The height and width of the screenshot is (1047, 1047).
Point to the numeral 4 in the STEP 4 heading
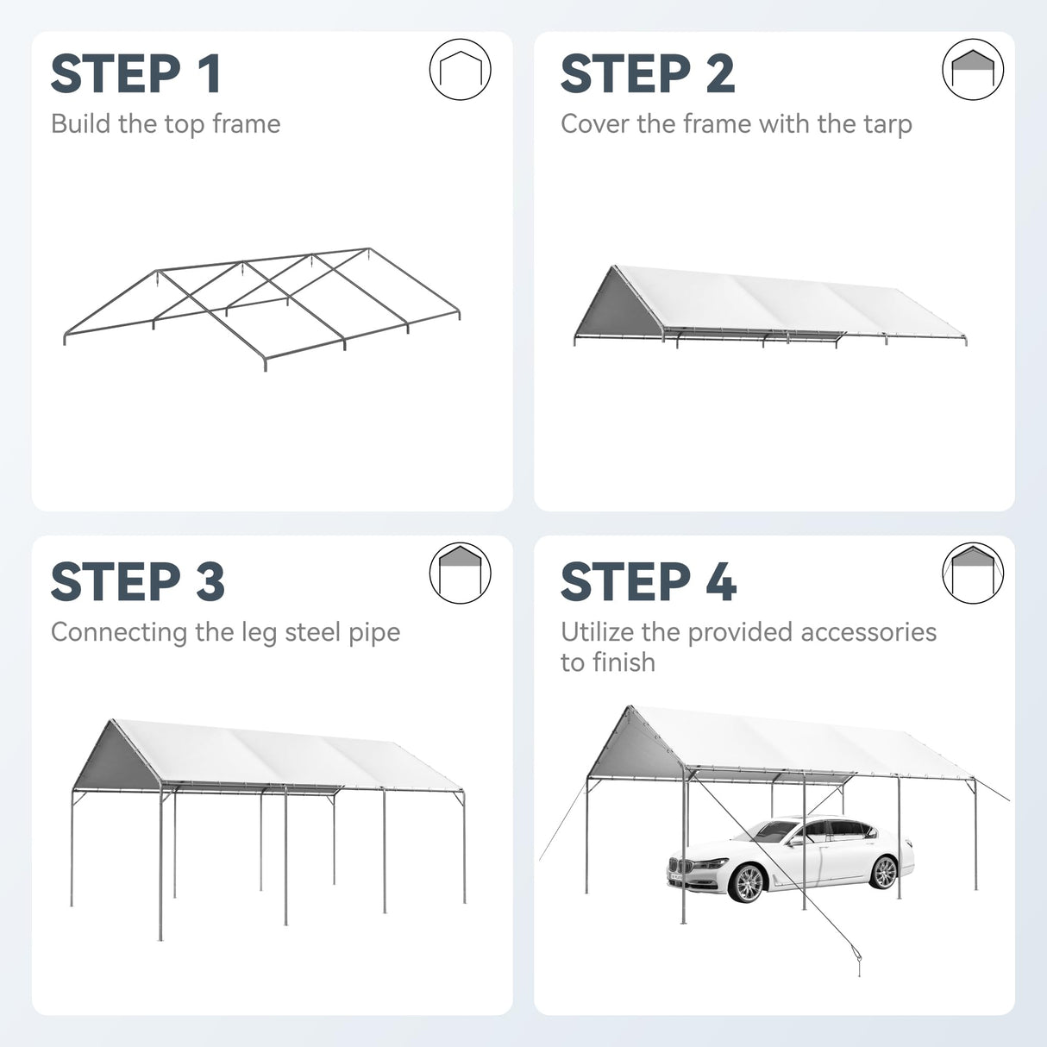(721, 581)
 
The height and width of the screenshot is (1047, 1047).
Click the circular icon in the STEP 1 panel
(461, 69)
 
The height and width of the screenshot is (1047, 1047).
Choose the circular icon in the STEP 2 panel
(973, 69)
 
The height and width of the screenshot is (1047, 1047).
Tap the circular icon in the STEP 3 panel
(461, 574)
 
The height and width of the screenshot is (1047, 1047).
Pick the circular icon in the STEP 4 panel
(973, 574)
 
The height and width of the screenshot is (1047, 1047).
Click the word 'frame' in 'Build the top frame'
(246, 123)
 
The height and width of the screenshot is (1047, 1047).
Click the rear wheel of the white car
(883, 873)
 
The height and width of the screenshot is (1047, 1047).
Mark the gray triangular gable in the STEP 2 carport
(619, 304)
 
